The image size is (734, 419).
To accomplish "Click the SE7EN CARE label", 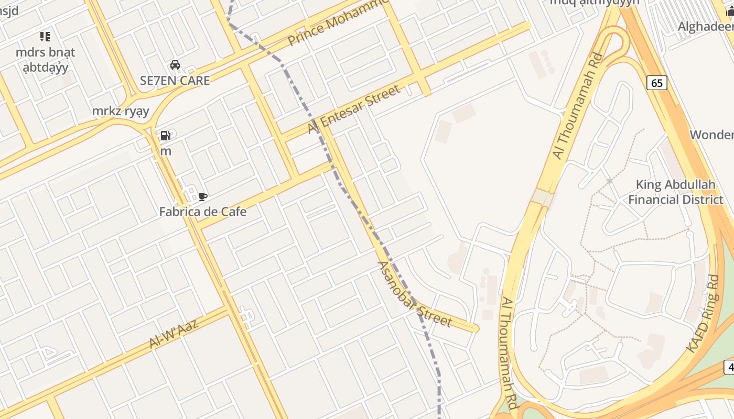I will (x=175, y=81).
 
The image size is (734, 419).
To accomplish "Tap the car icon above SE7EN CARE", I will (x=175, y=65).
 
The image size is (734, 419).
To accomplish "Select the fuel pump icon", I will (x=165, y=136).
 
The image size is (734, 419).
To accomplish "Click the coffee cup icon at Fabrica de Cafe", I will (x=203, y=197).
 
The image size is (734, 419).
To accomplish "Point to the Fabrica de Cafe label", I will (x=203, y=212).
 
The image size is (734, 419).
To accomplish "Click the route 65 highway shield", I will (x=657, y=83).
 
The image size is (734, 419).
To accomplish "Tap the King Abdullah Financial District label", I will (x=675, y=192).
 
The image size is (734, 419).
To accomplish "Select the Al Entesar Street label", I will (x=354, y=109).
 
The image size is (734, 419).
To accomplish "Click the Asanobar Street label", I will (x=414, y=294).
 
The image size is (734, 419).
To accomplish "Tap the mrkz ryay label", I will (x=121, y=111).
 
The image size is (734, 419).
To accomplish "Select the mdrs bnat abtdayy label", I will (x=46, y=60).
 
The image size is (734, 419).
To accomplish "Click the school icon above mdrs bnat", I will (x=45, y=37).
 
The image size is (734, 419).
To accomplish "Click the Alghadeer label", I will (x=706, y=27).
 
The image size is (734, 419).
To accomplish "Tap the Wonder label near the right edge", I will (x=711, y=135).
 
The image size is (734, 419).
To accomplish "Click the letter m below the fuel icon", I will (x=166, y=151).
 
